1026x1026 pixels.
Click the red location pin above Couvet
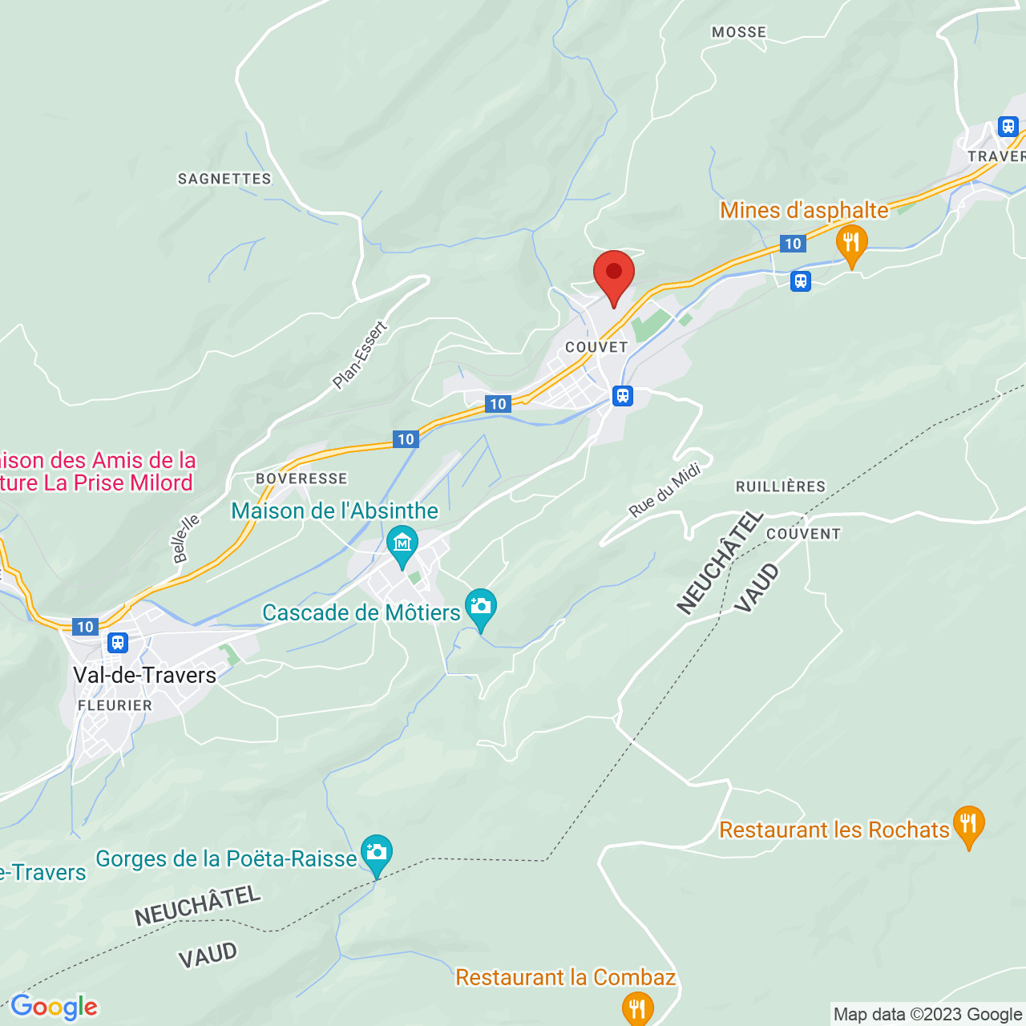click(614, 275)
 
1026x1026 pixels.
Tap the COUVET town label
click(596, 347)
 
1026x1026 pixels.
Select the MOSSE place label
click(739, 32)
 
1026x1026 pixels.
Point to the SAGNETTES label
click(224, 179)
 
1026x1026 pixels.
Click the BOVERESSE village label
click(301, 479)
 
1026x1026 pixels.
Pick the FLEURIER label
click(115, 705)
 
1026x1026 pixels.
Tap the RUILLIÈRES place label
click(780, 487)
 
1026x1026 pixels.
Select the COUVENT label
click(803, 534)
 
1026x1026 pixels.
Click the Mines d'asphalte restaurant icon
click(851, 242)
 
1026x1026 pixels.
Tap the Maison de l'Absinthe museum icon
click(402, 543)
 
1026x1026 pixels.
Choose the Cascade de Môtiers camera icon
click(481, 607)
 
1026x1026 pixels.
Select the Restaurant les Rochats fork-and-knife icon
click(968, 824)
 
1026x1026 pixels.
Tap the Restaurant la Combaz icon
click(637, 1007)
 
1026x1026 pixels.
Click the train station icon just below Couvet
click(623, 396)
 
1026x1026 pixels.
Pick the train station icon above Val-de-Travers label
click(118, 642)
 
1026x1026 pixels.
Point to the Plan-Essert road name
click(360, 355)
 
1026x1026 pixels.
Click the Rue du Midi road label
click(664, 491)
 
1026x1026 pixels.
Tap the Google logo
click(54, 1007)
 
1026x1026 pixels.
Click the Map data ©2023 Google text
click(927, 1015)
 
